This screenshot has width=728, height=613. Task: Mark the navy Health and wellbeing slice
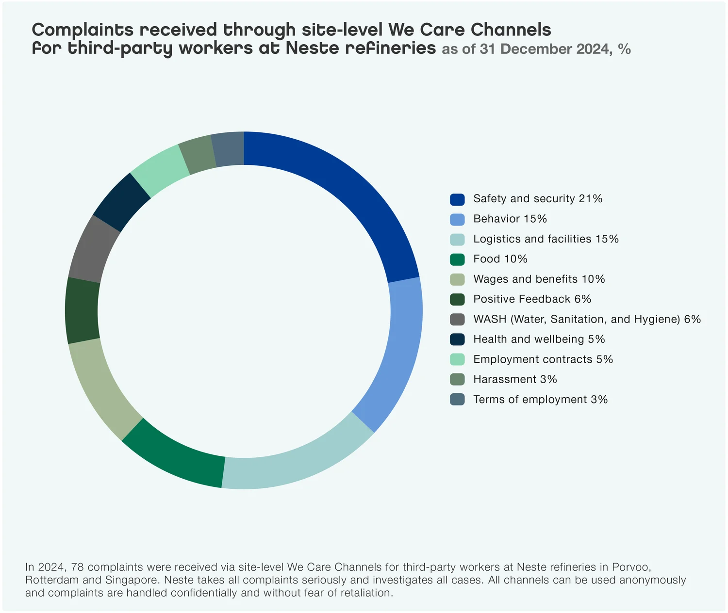point(121,202)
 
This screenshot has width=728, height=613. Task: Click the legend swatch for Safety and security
point(457,199)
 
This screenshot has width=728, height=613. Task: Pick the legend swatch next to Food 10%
point(457,259)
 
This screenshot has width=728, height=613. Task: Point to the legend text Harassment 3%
point(515,380)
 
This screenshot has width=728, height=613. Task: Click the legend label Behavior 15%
point(510,219)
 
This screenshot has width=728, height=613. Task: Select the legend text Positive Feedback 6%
point(532,299)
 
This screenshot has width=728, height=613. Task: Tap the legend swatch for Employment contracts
point(457,359)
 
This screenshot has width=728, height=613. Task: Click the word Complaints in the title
point(83,30)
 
